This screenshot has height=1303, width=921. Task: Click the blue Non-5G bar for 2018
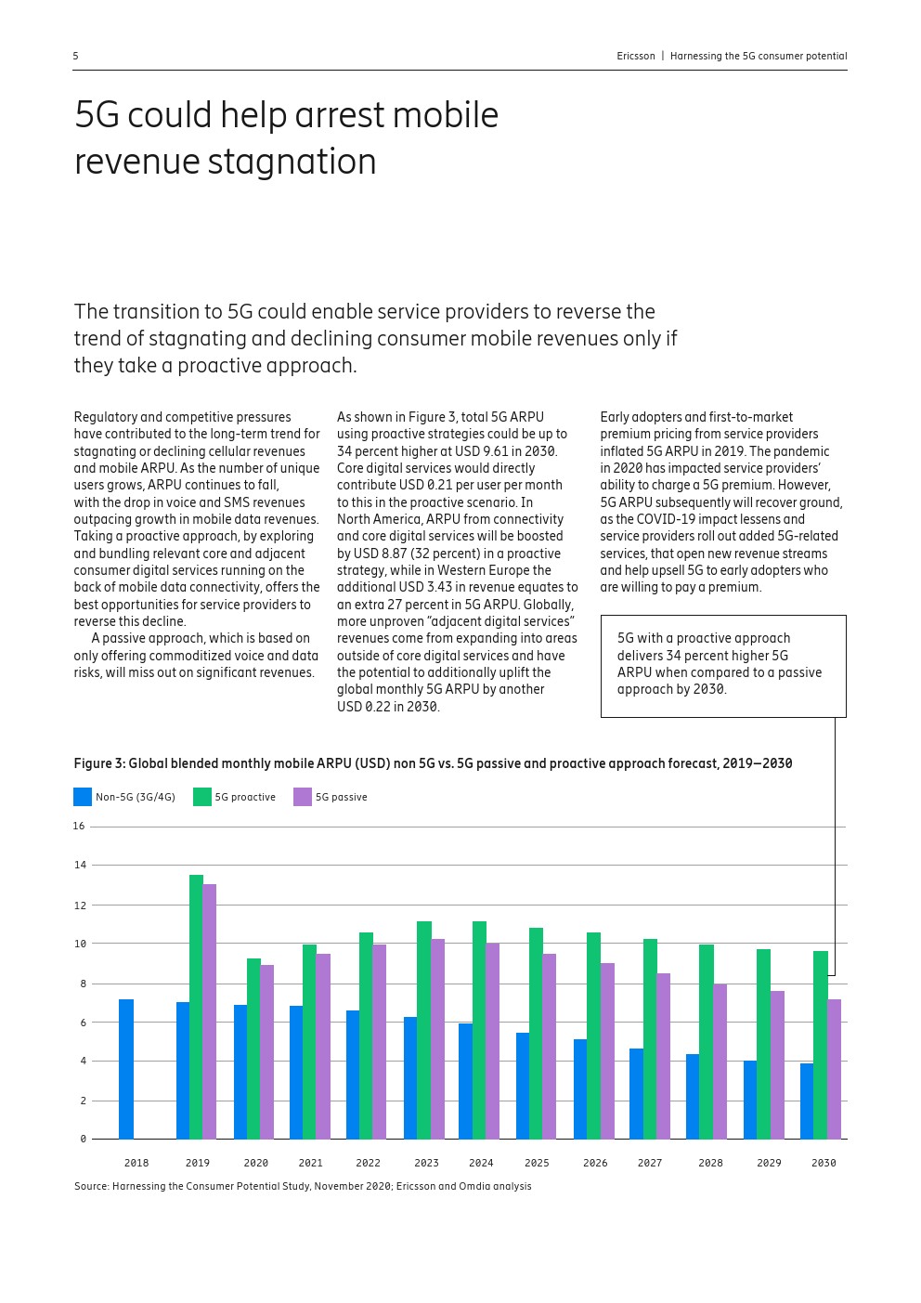point(126,1069)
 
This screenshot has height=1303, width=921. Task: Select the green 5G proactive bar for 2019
point(196,1007)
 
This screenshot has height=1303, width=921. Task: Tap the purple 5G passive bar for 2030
point(835,1069)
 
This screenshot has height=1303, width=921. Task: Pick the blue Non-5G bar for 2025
point(523,1086)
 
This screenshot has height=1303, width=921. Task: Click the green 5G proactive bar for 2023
point(423,1030)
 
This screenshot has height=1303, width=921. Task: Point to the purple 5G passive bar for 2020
point(267,1051)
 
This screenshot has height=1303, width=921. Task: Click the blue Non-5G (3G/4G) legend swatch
point(83,797)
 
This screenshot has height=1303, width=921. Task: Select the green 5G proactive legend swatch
point(201,797)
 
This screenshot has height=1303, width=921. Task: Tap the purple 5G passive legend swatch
point(303,797)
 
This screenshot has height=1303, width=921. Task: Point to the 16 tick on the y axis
point(79,826)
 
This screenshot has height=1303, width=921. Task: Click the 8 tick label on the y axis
point(83,984)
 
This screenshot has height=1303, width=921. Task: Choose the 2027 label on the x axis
point(650,1163)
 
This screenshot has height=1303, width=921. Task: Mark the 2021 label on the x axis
point(311,1163)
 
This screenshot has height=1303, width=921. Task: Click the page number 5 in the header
point(76,57)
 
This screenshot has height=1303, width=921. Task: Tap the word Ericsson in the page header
point(636,57)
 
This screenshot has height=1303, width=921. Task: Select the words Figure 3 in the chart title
point(98,763)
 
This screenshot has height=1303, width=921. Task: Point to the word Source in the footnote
point(91,1186)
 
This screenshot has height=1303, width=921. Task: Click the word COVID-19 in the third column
point(666,519)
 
